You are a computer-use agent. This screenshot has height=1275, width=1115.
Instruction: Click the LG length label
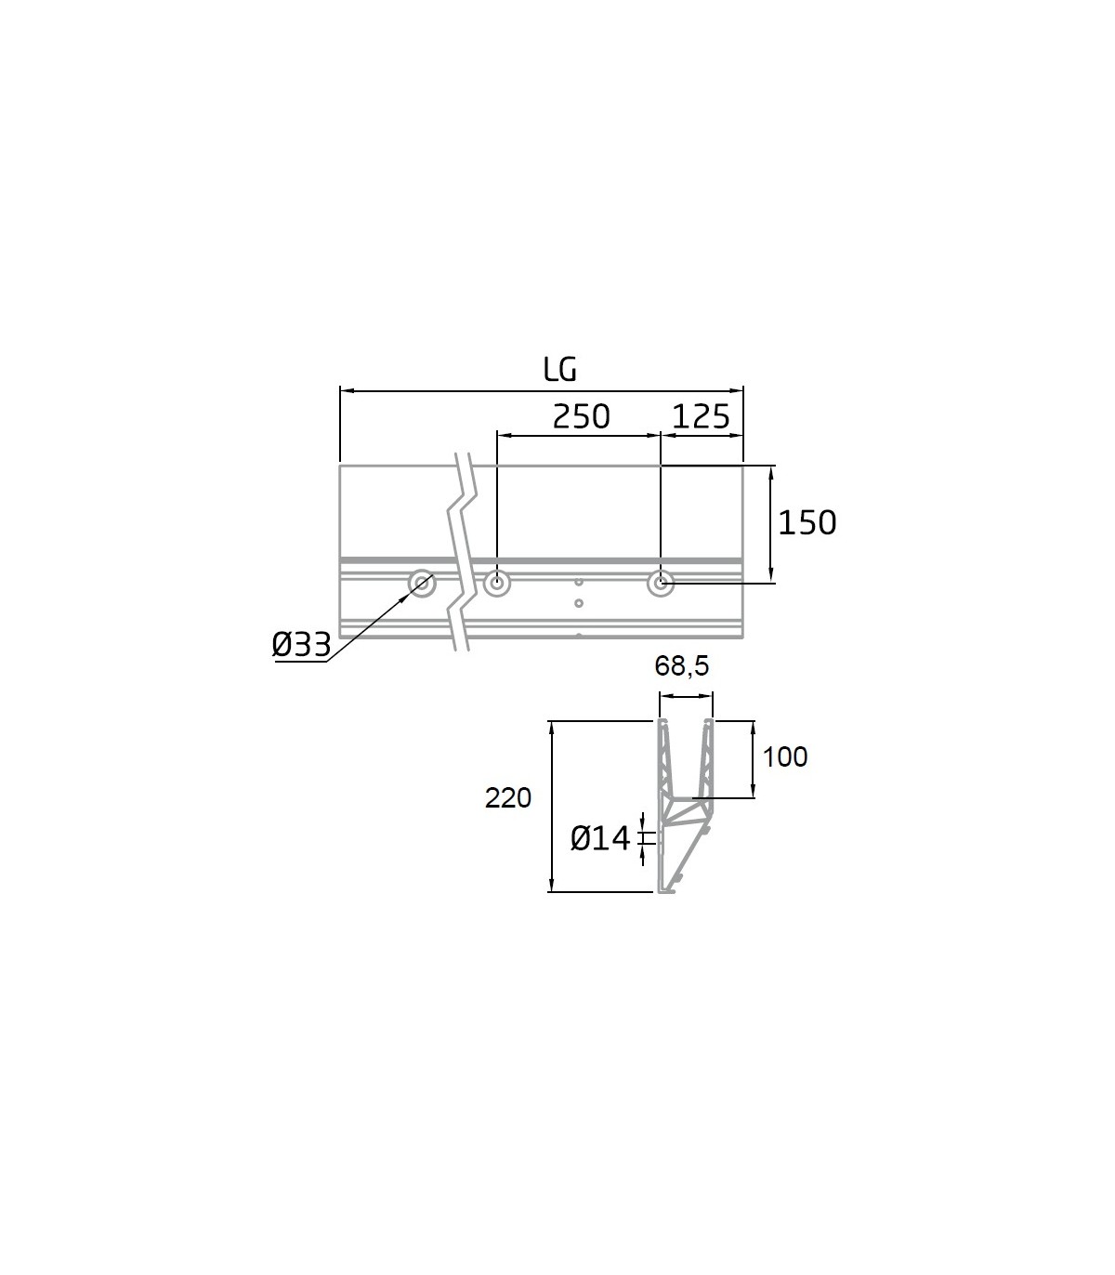560,370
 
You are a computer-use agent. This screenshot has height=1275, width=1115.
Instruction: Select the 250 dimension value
581,417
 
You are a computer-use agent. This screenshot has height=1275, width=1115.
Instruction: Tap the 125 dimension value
701,417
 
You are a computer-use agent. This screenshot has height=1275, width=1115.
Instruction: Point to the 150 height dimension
807,523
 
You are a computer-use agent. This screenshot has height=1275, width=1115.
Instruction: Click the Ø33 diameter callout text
301,644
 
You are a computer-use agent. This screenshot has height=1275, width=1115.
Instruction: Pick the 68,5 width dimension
681,666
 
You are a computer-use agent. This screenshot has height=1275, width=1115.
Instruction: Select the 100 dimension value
785,756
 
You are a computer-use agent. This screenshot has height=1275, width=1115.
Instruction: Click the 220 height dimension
507,797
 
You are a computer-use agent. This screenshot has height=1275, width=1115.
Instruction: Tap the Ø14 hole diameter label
600,838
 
